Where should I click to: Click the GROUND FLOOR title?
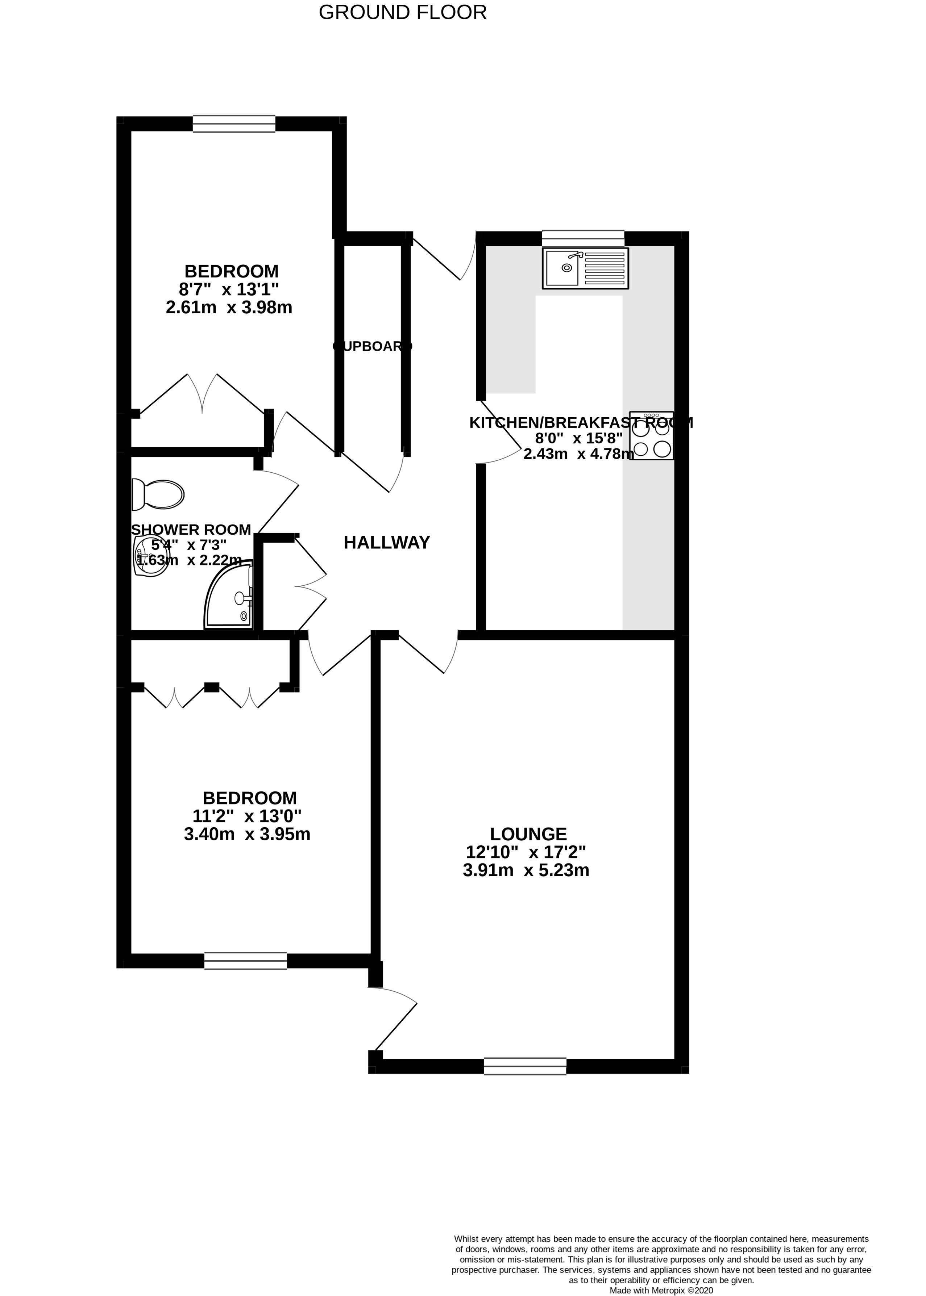(x=403, y=13)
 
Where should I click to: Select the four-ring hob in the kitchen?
(x=651, y=436)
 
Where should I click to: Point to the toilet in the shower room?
(x=158, y=494)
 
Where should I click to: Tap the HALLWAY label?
(x=387, y=543)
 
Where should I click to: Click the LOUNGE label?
(x=528, y=835)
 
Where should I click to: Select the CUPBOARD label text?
(x=372, y=346)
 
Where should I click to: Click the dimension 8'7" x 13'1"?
(x=231, y=289)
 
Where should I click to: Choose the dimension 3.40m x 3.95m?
(x=247, y=835)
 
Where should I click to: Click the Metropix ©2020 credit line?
(x=661, y=1274)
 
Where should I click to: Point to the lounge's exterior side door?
(x=394, y=1023)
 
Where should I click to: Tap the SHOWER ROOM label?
(x=191, y=530)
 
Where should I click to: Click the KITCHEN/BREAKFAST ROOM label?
(x=581, y=423)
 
